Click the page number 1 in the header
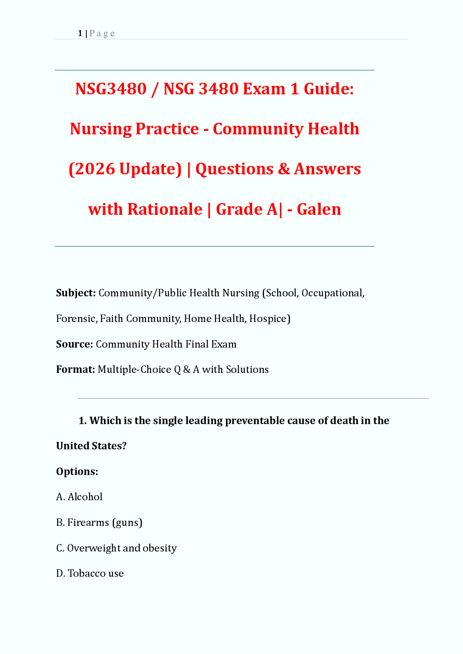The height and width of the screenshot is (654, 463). tap(80, 33)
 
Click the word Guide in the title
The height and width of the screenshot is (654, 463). tap(328, 89)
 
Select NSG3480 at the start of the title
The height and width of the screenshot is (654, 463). tap(111, 89)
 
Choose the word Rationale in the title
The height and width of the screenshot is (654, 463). tap(165, 209)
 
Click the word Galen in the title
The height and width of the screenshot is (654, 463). tap(319, 209)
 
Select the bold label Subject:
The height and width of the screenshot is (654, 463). tap(76, 293)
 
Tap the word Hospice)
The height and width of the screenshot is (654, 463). tap(269, 318)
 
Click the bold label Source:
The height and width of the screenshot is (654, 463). tap(74, 344)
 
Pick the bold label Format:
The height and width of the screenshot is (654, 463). tap(75, 369)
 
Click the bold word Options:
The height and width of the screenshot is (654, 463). tap(77, 471)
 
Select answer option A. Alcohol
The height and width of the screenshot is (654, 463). tap(79, 497)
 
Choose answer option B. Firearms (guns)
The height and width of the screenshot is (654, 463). tap(99, 522)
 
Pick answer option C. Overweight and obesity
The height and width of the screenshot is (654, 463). tap(116, 548)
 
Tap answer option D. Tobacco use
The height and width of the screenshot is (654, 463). tap(90, 573)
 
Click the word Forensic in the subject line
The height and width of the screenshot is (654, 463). tap(76, 318)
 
